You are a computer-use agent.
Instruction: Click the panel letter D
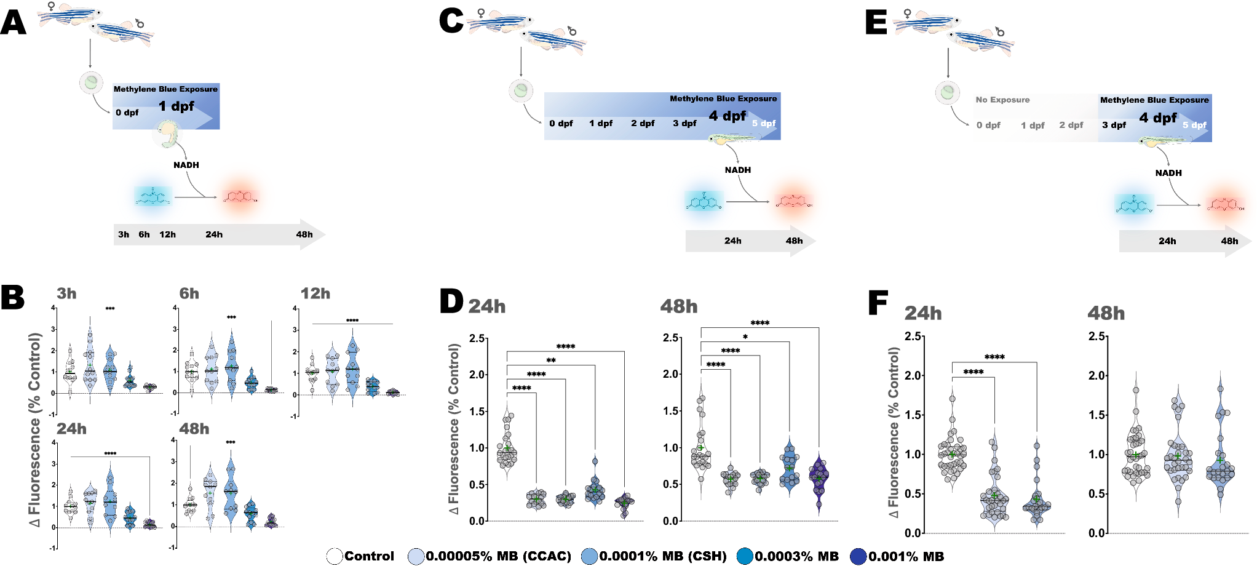451,301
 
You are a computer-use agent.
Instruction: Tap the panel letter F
878,303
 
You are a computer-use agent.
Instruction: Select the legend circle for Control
335,557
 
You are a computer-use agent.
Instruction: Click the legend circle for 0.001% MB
858,557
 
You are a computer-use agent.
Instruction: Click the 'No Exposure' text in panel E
1002,100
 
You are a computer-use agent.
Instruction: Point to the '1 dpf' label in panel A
176,106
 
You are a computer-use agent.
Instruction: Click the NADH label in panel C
737,170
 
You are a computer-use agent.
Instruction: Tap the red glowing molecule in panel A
239,197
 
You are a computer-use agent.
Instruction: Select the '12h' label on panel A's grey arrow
167,234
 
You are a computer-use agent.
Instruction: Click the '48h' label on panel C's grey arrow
794,241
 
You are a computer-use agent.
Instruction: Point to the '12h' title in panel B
315,294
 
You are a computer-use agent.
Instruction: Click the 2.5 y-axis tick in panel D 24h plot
477,338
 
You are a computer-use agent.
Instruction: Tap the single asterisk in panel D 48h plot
745,337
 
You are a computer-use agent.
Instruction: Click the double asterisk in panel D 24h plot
551,361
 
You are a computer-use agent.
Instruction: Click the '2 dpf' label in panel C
643,124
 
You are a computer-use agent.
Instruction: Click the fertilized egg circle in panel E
948,93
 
